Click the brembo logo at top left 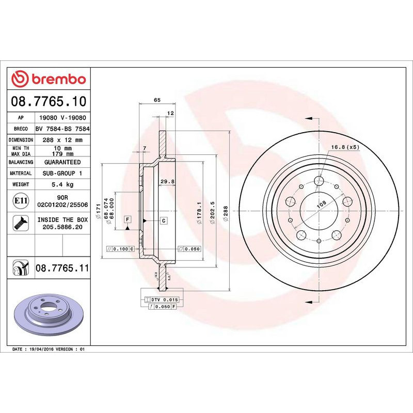[49, 79]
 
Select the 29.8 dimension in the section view [166, 181]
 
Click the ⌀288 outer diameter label [226, 213]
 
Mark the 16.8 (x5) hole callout [345, 147]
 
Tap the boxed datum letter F [127, 220]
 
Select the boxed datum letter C [163, 221]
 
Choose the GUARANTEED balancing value [62, 162]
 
